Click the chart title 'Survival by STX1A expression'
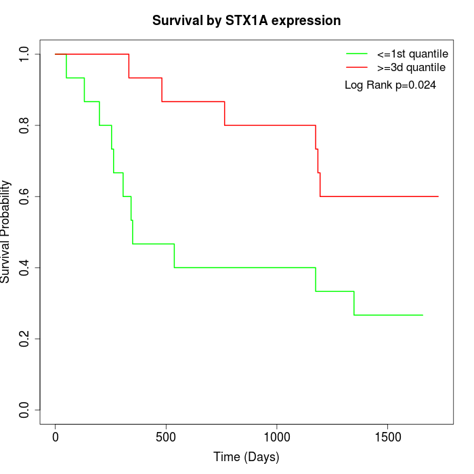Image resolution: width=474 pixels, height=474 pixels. point(246,21)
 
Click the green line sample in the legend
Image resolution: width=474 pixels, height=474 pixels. point(357,53)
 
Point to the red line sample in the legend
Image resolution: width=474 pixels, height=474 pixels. point(357,67)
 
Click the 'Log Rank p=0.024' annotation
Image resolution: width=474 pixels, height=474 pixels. point(390,85)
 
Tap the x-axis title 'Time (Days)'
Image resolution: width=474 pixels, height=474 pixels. point(246,457)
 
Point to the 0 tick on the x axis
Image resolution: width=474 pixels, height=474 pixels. point(56,437)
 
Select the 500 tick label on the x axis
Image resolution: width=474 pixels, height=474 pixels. point(167,437)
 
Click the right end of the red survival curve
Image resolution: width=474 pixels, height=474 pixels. point(438,196)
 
